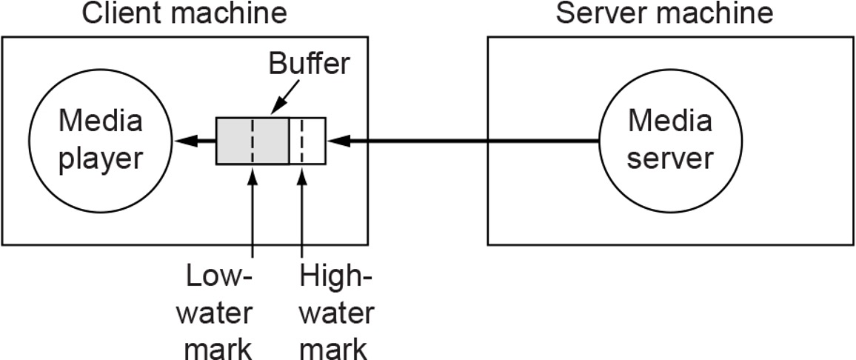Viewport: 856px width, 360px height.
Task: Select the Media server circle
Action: (x=670, y=140)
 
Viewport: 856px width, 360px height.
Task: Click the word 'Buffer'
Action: (x=308, y=64)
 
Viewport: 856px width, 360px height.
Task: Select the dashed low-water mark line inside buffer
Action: (x=253, y=141)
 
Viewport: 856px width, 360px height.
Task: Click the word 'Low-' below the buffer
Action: (x=220, y=280)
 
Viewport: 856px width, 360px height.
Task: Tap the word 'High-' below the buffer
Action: (x=335, y=280)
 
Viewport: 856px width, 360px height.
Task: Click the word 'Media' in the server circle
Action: (x=670, y=121)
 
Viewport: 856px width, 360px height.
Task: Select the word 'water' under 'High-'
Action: (x=336, y=313)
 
